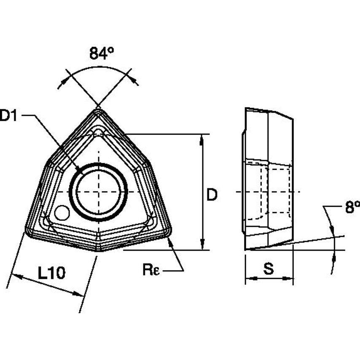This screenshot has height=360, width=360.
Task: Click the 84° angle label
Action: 101,54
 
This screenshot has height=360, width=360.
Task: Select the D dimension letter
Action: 212,194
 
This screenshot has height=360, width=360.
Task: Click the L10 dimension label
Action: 51,273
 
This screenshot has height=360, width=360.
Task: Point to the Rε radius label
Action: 150,270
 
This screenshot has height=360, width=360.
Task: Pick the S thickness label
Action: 269,269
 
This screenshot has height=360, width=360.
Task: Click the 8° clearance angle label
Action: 352,207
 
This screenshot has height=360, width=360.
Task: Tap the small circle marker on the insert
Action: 62,213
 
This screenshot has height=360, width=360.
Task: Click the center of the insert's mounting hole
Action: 98,192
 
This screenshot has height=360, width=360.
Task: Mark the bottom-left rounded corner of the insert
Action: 28,232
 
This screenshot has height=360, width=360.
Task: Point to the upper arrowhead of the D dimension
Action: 203,138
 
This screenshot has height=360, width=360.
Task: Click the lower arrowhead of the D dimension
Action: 203,246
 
